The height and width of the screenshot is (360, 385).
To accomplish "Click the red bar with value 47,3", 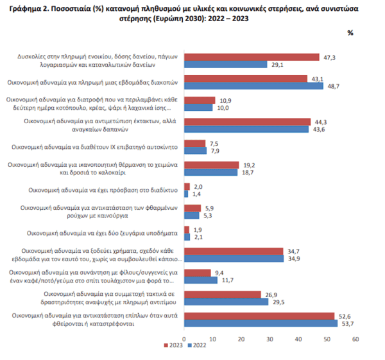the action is coord(252,57).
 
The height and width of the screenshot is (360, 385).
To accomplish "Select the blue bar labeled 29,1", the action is coord(226,64).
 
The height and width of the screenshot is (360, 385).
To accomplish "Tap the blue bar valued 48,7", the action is coord(253,86).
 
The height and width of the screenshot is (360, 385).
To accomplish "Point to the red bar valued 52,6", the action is coord(259,316).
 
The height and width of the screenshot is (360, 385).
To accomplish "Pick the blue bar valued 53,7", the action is coord(261,323).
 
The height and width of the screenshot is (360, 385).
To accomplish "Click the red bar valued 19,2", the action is coord(212,165).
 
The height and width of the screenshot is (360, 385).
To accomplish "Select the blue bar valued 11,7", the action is coord(201,280).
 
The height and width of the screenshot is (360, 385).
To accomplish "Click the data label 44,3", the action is coord(321,122).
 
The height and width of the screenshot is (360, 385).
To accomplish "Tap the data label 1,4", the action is coord(196,194).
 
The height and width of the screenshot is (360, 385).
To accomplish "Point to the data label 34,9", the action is coord(294,259).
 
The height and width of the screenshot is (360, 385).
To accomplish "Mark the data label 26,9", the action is coord(271,295).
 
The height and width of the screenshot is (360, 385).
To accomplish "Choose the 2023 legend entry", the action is coord(173,345).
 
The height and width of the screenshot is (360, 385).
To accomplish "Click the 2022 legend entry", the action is coord(197,345).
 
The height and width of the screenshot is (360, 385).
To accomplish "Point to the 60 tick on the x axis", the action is coord(355,339).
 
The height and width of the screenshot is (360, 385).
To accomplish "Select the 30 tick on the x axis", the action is coord(269,339).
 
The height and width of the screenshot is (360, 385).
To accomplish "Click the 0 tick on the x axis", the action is coord(184,339).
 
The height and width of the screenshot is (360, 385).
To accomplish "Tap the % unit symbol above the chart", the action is coord(350,33).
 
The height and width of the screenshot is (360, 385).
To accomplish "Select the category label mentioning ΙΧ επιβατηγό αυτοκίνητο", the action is coord(94,147).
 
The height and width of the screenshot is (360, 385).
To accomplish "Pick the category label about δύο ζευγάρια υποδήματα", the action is coord(102,233).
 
